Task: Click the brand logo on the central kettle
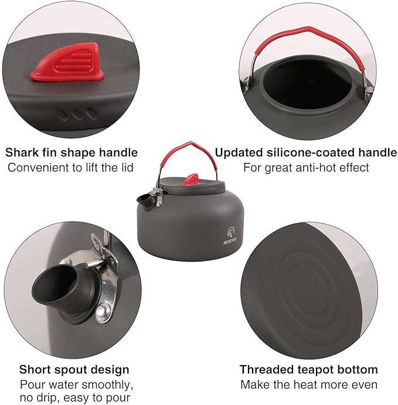pos(230,236)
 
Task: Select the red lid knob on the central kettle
pos(191,180)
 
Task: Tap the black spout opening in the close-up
pos(56,284)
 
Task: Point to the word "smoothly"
pos(106,385)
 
